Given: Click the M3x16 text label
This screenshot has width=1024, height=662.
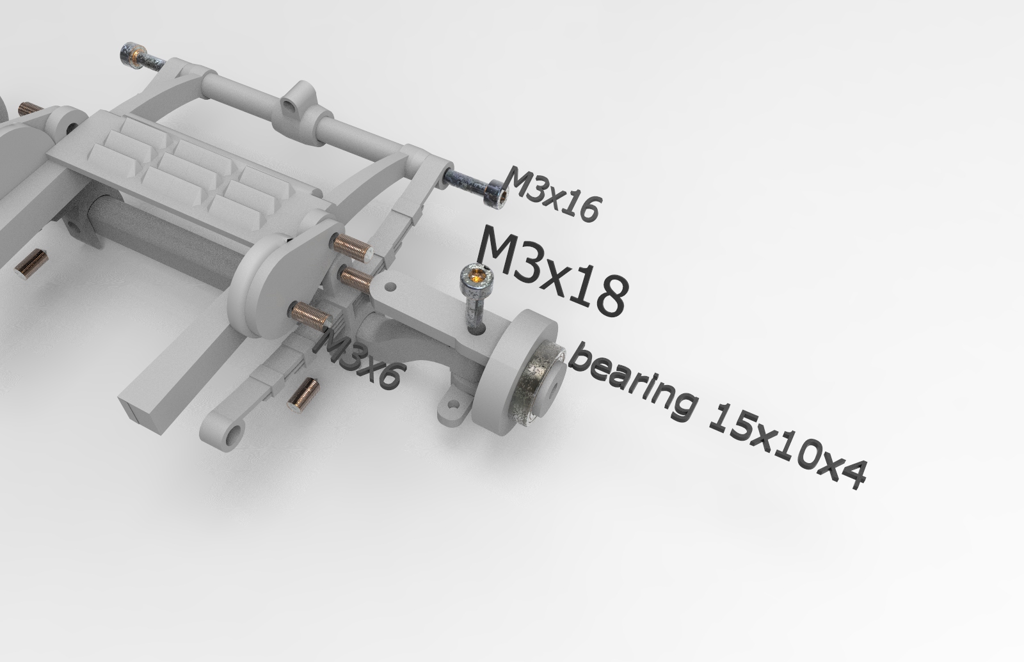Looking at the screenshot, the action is click(553, 194).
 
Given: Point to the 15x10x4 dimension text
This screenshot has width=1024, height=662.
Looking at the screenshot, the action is click(787, 447).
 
